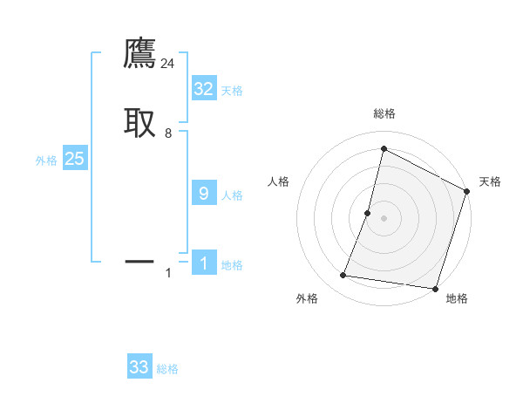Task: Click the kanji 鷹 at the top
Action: coord(139,54)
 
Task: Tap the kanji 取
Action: coord(139,122)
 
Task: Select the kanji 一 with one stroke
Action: coord(139,260)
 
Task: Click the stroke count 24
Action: coord(168,64)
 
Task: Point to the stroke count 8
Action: coord(168,133)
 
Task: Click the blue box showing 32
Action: coord(203,89)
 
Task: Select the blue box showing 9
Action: coord(203,194)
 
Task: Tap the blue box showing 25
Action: coord(74,159)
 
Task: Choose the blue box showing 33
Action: coord(139,367)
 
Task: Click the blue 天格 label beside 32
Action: coord(232,91)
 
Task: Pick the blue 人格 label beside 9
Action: coord(232,195)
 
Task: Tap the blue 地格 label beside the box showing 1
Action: coord(232,265)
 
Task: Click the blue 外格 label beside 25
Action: coord(46,161)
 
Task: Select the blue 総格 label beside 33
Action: coord(167,369)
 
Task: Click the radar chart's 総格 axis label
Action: coord(384,113)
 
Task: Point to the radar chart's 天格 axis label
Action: coord(490,181)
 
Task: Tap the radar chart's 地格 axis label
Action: coord(457,298)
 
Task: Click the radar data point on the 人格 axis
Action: coord(368,213)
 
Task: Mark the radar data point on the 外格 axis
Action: coord(343,276)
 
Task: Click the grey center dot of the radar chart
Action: coord(384,218)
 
